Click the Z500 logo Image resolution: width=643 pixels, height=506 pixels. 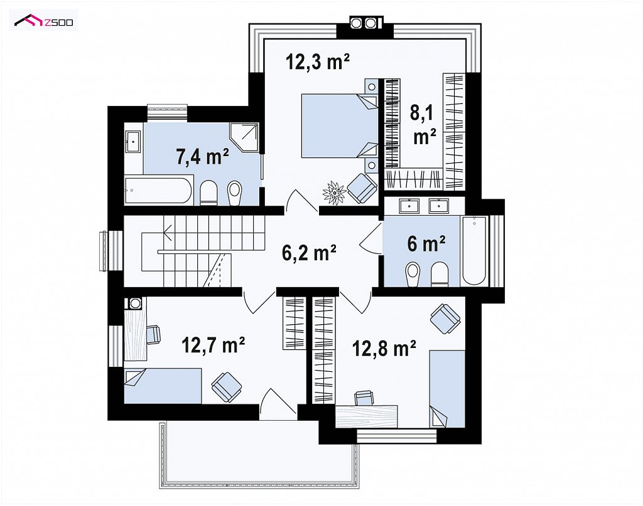pos(43,21)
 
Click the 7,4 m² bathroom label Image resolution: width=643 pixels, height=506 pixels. pos(202,156)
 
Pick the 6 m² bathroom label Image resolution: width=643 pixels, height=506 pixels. pos(426,243)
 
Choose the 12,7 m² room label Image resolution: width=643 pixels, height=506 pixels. pos(213,345)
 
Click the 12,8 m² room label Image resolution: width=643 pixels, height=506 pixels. pos(384,349)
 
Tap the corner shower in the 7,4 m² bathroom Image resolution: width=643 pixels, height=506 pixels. pos(244,137)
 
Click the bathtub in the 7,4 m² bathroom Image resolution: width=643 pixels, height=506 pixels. pos(158,190)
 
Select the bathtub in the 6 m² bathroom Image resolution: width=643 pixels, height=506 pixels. pos(475,251)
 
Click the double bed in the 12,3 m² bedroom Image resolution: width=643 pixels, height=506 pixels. pos(340,125)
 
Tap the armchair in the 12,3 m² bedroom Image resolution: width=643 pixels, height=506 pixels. pos(362,188)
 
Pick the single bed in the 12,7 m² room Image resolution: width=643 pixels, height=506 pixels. pos(163,386)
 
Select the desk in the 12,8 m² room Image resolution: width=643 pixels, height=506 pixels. pos(367,416)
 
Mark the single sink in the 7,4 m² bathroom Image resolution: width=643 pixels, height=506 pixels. pos(133,142)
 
